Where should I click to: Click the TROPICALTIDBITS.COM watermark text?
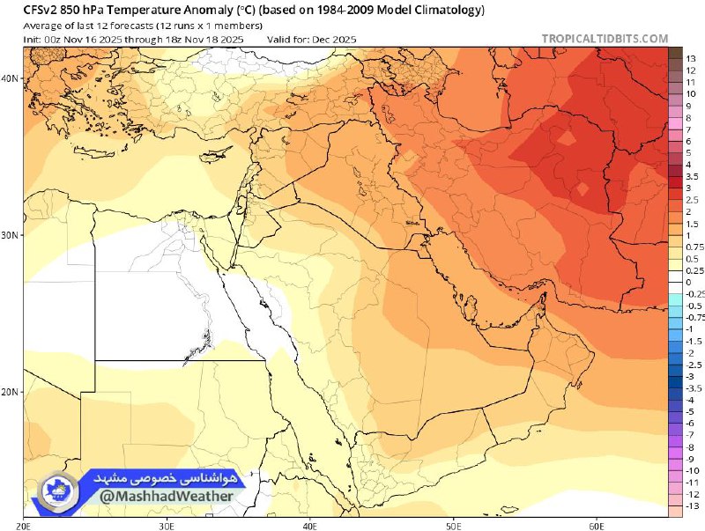(x=606, y=39)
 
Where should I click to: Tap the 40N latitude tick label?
(x=10, y=78)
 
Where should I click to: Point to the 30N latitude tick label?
(x=10, y=235)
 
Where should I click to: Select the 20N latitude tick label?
(x=10, y=392)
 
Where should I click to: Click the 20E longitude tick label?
(x=24, y=524)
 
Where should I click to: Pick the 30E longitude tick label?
(x=167, y=524)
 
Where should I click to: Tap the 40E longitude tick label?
(x=310, y=524)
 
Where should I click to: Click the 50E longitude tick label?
(x=453, y=524)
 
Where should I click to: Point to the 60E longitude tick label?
(x=596, y=524)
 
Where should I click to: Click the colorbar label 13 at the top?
(x=691, y=58)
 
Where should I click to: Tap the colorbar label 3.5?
(x=692, y=177)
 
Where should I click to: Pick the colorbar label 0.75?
(x=694, y=247)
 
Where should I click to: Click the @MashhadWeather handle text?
(x=166, y=496)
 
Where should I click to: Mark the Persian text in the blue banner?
(x=167, y=476)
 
